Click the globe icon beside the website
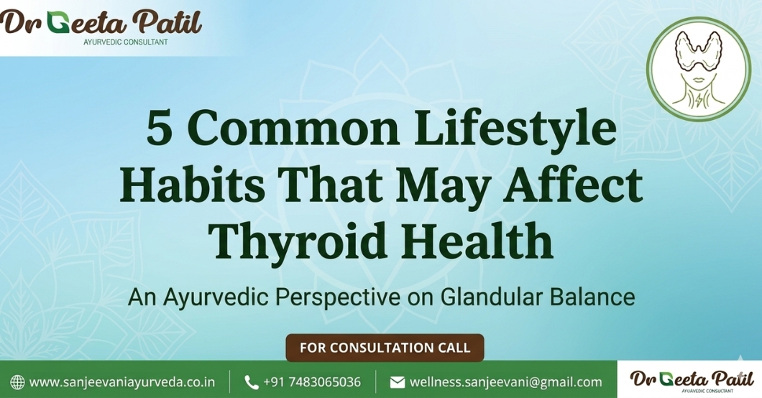pos(17,382)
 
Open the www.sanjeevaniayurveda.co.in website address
pos(122,382)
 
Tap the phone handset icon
pos(251,382)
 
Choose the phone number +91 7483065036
pos(312,382)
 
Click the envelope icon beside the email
pos(398,382)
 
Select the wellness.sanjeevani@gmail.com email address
pos(506,382)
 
